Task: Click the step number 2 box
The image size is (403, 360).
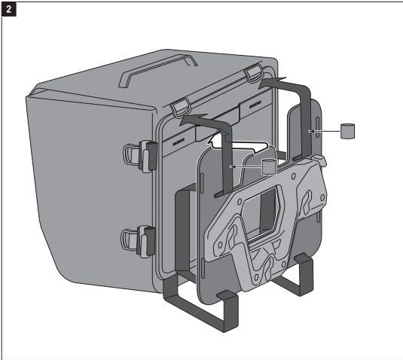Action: pyautogui.click(x=9, y=10)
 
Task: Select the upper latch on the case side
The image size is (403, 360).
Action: pyautogui.click(x=141, y=156)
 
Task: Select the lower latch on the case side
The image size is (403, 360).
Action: pyautogui.click(x=139, y=241)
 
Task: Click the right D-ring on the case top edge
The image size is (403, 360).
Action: pyautogui.click(x=254, y=72)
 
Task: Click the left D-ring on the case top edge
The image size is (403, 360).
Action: pyautogui.click(x=181, y=108)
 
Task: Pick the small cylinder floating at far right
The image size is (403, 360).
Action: pyautogui.click(x=348, y=131)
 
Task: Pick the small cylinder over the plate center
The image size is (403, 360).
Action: pyautogui.click(x=269, y=166)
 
